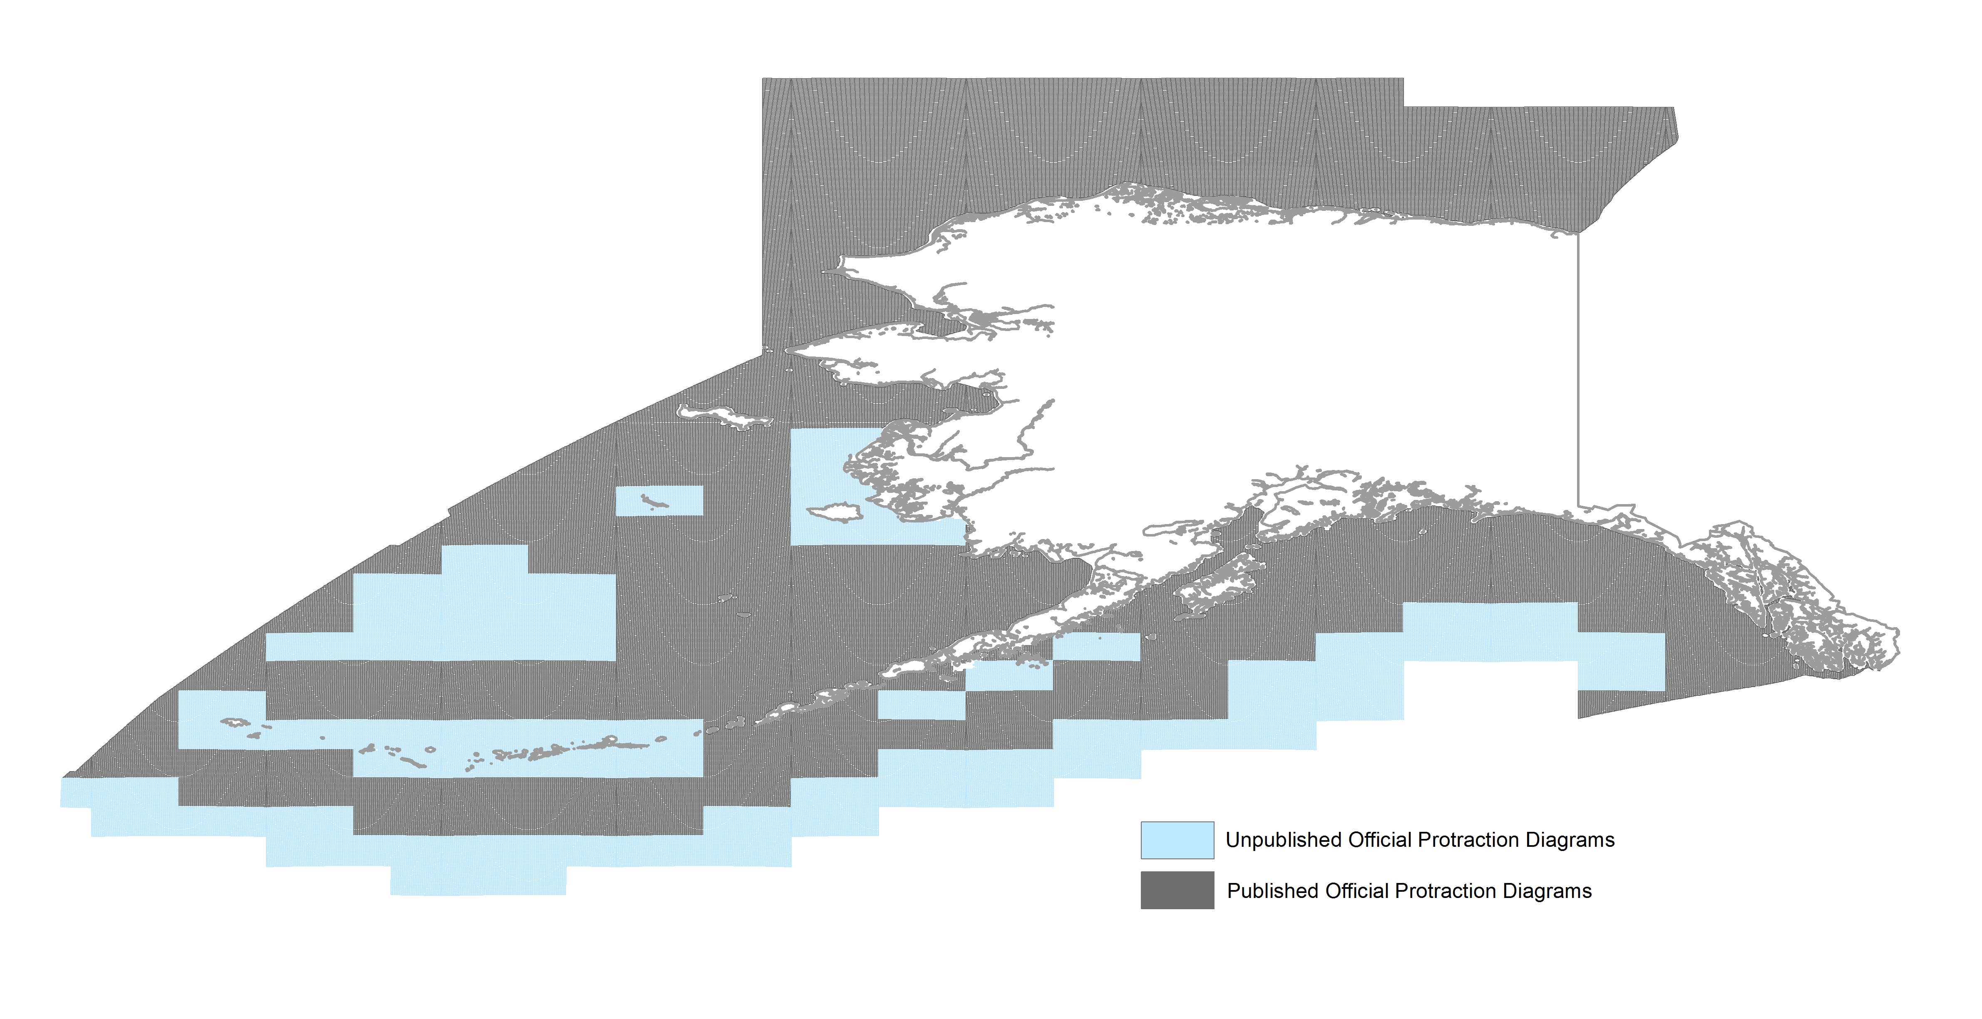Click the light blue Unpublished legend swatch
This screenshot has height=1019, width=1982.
1177,840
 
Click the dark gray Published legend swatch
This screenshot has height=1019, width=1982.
1177,890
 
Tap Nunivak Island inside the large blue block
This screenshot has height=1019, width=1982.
835,512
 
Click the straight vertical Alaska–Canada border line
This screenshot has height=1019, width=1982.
1578,369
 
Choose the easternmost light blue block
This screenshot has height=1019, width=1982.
1621,661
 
